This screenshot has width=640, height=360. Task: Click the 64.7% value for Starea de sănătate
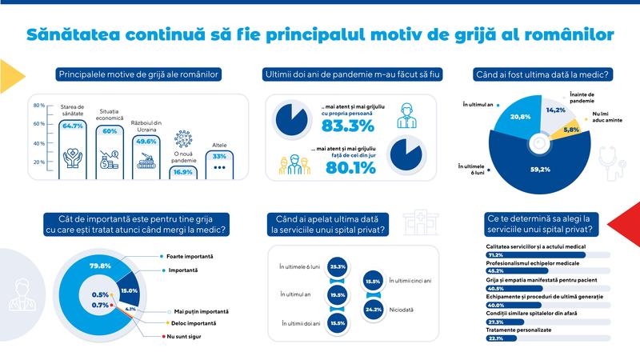point(73,126)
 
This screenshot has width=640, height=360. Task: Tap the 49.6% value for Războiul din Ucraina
point(147,142)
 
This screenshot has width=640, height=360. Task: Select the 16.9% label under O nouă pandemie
point(182,170)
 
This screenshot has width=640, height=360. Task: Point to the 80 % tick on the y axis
point(38,106)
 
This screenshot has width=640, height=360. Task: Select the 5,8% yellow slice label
point(571,129)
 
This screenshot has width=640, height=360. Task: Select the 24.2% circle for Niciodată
point(372,308)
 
